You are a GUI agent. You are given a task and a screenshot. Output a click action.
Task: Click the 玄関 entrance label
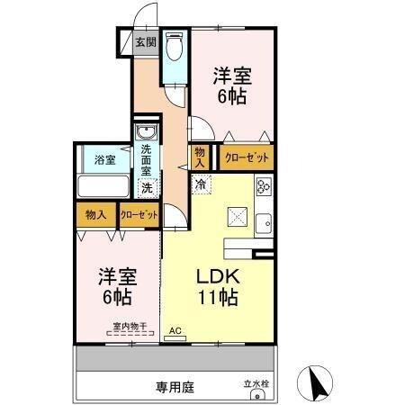(x=146, y=41)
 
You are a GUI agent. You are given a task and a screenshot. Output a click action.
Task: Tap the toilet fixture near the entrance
(x=175, y=46)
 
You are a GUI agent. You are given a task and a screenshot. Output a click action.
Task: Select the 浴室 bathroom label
(x=105, y=160)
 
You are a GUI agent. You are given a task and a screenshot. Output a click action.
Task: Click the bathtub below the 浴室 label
(x=104, y=187)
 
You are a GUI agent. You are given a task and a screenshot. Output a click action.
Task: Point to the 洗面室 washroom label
(x=147, y=158)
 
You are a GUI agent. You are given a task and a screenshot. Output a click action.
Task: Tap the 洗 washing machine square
(x=146, y=187)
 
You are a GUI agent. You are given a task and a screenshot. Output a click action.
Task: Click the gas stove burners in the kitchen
(x=264, y=187)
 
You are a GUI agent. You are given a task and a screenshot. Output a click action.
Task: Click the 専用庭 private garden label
(x=175, y=387)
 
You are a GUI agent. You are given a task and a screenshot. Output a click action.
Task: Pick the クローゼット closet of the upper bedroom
(x=246, y=157)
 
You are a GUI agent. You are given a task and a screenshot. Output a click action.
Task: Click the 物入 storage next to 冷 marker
(x=200, y=157)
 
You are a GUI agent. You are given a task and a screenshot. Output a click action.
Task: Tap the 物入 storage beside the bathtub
(x=95, y=215)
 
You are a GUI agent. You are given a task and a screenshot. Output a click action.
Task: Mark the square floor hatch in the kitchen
(x=238, y=216)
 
